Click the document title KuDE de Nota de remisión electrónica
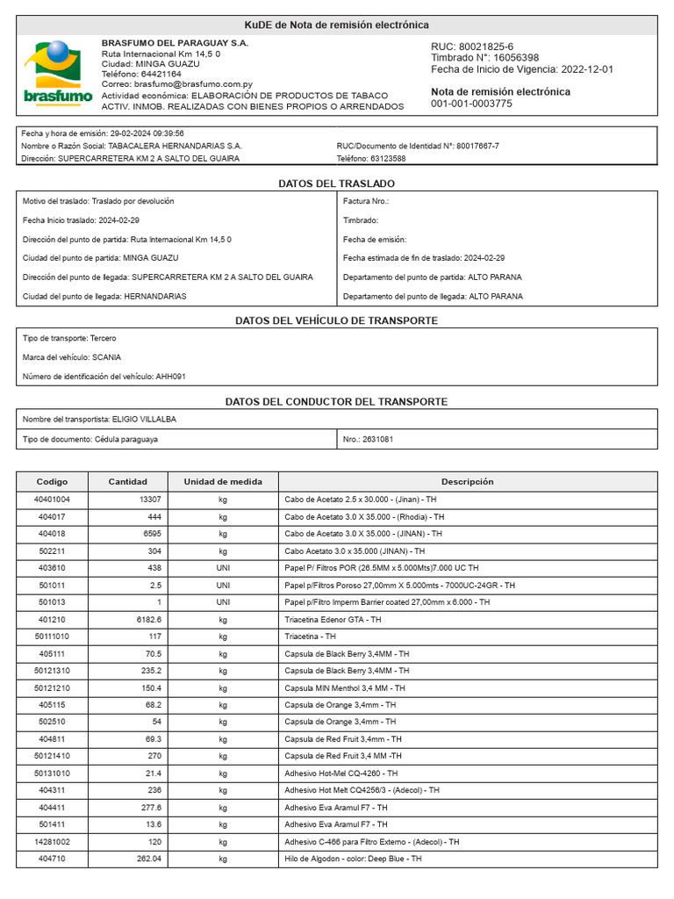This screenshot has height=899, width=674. point(336,25)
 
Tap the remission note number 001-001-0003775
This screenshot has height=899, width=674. point(471,104)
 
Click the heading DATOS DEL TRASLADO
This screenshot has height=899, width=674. point(336,183)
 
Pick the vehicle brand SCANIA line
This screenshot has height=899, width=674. point(72,357)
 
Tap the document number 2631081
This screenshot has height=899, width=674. point(377,439)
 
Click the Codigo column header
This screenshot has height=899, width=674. point(52,482)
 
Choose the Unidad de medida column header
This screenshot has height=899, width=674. point(222,482)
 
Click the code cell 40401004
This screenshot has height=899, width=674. point(52,499)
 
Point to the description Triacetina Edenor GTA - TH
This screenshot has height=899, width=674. point(333,619)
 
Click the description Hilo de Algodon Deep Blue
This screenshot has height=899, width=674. point(353,859)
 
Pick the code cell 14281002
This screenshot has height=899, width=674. point(52,841)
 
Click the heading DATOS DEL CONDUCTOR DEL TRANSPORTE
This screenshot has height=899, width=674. point(336,401)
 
